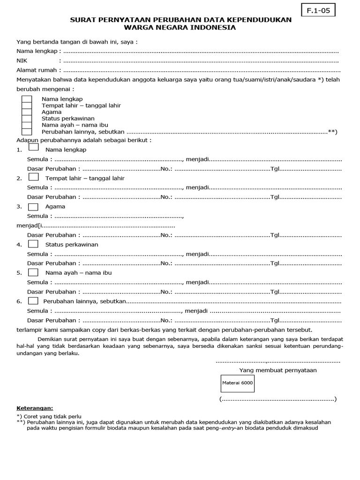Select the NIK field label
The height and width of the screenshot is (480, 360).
[x=22, y=61]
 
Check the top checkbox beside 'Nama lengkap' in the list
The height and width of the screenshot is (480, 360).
[x=27, y=99]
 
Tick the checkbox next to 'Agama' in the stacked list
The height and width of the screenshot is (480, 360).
[x=27, y=112]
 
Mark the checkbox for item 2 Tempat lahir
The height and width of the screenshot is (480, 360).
[x=34, y=177]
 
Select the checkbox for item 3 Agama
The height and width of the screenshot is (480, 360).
[x=34, y=206]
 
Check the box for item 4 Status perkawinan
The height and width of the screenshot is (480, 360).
[x=34, y=244]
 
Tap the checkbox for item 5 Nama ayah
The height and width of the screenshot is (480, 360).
[x=34, y=272]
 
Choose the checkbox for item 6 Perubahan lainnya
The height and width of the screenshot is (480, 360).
[x=34, y=300]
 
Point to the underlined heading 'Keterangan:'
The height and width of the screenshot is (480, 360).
[x=35, y=408]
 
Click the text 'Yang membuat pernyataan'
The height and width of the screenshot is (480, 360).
[x=278, y=370]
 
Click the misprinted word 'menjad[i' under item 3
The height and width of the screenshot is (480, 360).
[x=28, y=226]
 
